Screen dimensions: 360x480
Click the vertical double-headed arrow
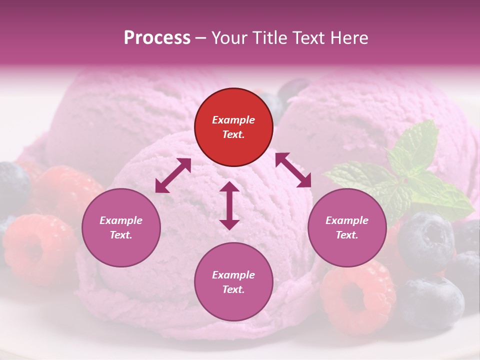coord(229,205)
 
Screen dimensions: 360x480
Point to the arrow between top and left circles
coord(173,175)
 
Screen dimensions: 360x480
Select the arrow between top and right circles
coord(293,170)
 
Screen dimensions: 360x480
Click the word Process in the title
coord(157,38)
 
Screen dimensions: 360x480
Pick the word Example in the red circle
coord(233,120)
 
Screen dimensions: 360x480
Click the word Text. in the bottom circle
coord(233,289)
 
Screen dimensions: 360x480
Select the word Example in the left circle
coord(121,220)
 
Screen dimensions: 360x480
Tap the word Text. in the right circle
coord(347,235)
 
